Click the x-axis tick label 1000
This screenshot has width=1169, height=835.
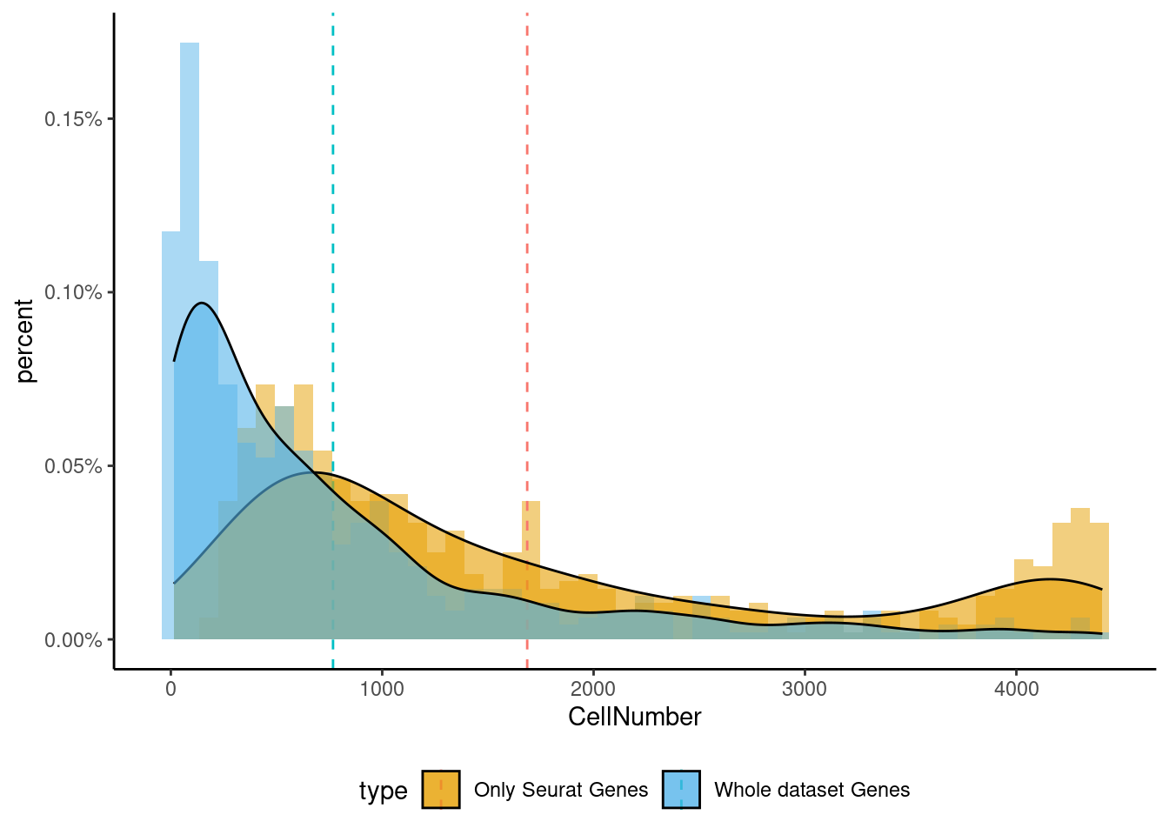pos(382,689)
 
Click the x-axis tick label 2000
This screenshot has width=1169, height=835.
pos(593,689)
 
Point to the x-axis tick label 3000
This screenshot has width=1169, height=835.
pos(805,689)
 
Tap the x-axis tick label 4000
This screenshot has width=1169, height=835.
pos(1016,689)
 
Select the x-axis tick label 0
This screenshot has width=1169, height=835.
pos(170,689)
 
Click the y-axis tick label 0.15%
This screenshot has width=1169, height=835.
pos(73,119)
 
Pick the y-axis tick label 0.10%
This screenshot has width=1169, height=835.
pos(73,292)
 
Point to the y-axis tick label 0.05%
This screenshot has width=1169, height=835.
pos(73,466)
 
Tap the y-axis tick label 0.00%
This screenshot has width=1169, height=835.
pos(73,640)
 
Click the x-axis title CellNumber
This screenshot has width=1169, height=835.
pos(634,717)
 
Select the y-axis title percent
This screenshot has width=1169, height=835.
pos(24,341)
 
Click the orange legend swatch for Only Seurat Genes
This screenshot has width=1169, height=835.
pos(441,790)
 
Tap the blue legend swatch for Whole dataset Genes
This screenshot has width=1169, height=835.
pos(681,790)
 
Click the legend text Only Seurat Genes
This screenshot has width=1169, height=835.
pos(561,790)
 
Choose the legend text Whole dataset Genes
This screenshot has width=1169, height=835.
pos(812,790)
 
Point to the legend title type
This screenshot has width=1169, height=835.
pos(383,791)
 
